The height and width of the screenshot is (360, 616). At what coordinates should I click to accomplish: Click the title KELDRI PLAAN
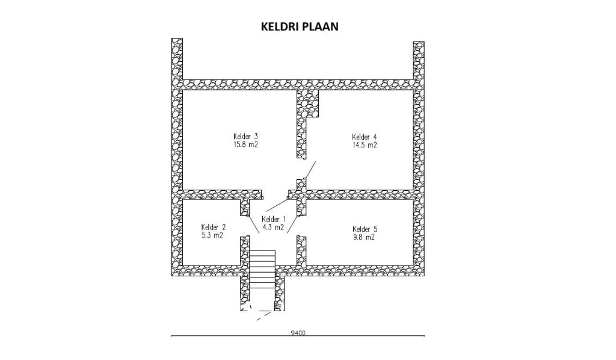(300, 26)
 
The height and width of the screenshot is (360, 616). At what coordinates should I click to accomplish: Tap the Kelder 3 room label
(245, 137)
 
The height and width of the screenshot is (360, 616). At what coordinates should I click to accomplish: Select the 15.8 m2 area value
(245, 144)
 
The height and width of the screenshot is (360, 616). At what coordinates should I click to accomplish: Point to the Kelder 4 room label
(364, 137)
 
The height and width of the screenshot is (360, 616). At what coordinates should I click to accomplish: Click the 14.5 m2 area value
(364, 145)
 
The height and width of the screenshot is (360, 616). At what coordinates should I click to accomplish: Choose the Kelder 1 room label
(274, 219)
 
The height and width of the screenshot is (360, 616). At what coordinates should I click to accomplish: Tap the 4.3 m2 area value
(273, 227)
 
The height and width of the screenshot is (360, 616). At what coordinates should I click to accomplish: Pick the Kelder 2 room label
(214, 227)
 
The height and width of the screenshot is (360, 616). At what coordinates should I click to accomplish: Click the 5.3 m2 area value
(212, 235)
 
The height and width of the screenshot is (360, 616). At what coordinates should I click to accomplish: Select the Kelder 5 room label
(365, 229)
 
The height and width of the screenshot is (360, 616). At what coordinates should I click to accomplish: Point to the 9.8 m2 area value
(364, 237)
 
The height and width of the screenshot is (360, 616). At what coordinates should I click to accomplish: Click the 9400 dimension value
(298, 333)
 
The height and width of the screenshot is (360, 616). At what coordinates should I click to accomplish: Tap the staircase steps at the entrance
(262, 269)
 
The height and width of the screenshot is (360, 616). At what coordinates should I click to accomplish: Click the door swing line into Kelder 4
(310, 170)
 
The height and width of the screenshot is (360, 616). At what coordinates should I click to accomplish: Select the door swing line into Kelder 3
(277, 205)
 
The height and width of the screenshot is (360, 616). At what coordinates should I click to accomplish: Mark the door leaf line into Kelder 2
(254, 225)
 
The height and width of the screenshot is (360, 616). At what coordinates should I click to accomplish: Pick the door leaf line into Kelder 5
(292, 225)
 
